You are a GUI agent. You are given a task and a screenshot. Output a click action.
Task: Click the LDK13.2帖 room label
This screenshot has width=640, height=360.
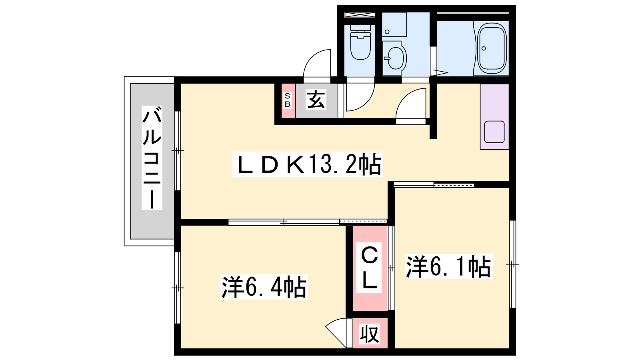tap(308, 164)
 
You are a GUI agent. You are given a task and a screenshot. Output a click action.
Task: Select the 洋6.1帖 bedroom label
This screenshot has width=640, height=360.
tap(448, 266)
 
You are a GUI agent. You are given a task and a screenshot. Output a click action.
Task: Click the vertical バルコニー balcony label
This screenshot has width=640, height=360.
tap(152, 158)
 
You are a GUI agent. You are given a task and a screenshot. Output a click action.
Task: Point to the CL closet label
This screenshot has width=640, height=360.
tap(369, 268)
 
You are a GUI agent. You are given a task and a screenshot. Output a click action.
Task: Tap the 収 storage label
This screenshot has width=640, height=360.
tap(369, 334)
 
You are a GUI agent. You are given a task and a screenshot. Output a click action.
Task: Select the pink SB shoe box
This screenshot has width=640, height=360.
tap(288, 100)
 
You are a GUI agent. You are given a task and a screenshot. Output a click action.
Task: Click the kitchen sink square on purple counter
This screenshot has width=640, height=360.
tap(494, 132)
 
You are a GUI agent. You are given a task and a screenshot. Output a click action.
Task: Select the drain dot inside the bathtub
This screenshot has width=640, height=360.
tap(484, 48)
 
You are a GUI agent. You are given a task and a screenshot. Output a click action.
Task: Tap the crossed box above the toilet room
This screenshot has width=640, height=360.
tap(360, 15)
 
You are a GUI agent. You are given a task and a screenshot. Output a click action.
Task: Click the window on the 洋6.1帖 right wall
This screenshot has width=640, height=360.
tap(512, 264)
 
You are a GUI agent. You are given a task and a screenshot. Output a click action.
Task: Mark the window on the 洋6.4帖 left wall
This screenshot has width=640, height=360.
tap(178, 288)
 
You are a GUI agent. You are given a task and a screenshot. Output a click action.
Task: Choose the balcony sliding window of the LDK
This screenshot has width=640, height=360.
tap(178, 150)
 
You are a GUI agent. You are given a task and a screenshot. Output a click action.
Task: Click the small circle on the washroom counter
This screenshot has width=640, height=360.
tap(387, 32)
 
